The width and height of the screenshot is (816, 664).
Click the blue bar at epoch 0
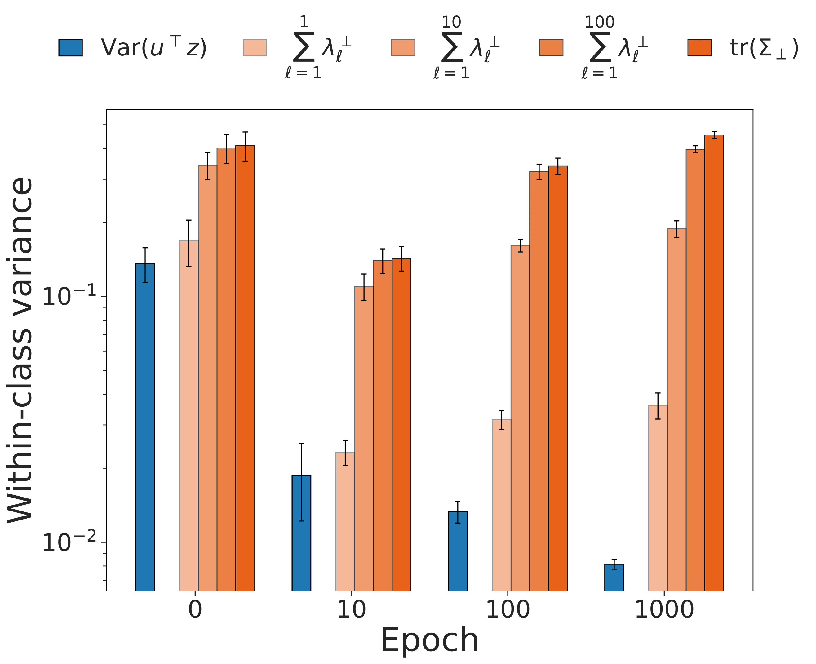coord(145,427)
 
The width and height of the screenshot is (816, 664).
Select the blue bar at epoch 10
coord(301,533)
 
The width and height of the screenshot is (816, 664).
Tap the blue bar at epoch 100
coord(458,551)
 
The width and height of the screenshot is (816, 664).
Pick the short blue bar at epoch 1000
coord(614,577)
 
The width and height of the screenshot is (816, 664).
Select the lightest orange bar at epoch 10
coord(345,521)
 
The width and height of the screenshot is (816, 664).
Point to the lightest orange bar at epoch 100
coord(501,505)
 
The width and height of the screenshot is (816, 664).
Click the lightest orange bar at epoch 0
coord(188,415)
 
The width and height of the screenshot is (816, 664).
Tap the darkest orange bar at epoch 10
coord(401,424)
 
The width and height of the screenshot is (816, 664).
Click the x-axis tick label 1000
coord(664,610)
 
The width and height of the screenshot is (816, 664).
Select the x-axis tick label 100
coord(508,610)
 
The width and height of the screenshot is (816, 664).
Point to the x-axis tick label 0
coord(195,610)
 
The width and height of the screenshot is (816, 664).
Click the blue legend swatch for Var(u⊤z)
coord(70,48)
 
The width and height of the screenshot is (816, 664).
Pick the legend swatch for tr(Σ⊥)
coord(699,48)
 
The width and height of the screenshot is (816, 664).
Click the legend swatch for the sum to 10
coord(403,48)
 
